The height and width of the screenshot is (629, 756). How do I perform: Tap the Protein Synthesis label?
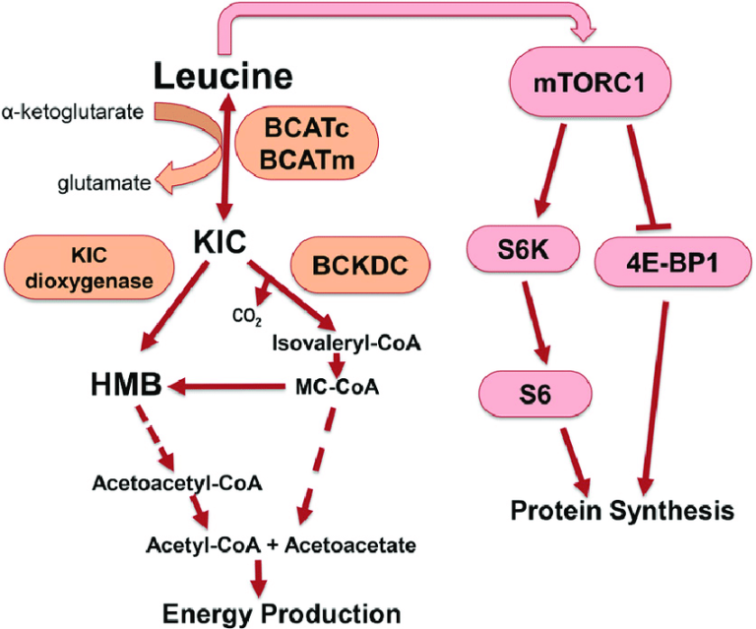click(x=622, y=511)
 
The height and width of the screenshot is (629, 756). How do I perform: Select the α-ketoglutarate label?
click(x=73, y=110)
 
